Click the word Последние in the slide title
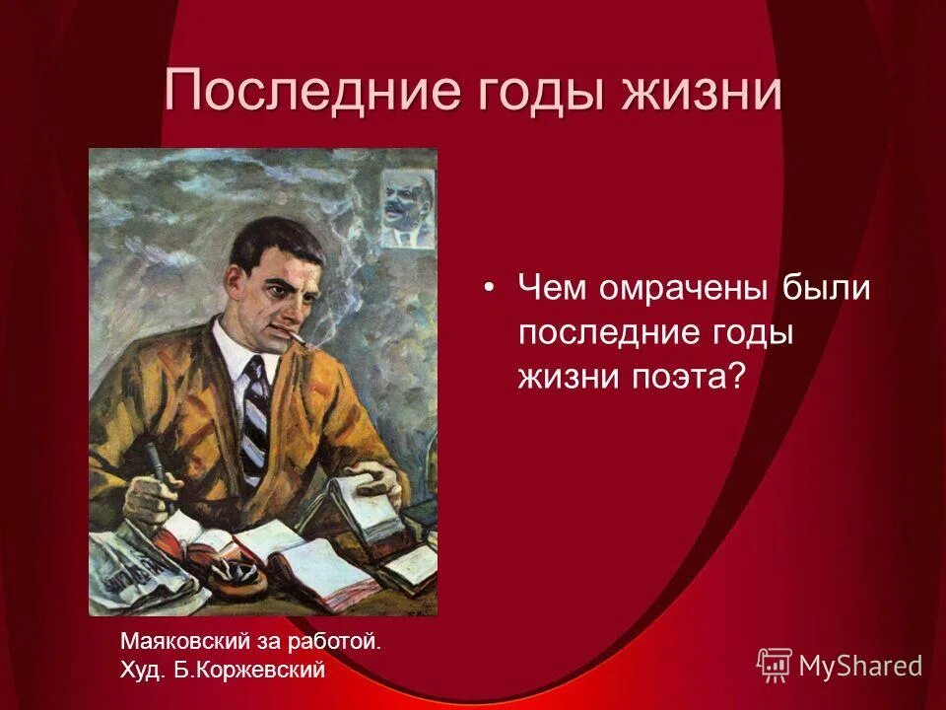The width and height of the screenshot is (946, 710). pyautogui.click(x=301, y=92)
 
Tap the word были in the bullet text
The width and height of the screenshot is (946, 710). pyautogui.click(x=827, y=288)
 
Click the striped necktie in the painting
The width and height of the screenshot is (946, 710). pyautogui.click(x=254, y=414)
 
